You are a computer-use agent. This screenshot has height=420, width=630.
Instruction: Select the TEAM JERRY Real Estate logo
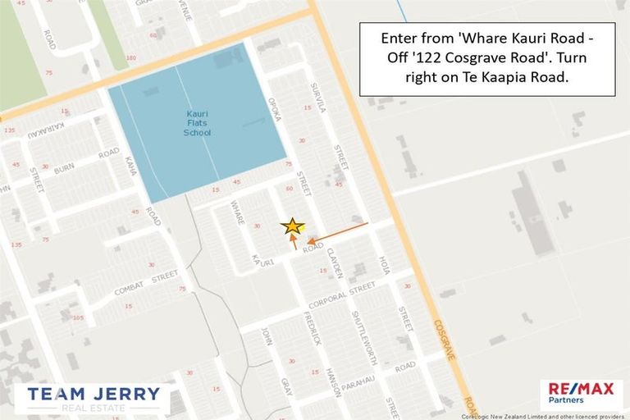coord(93,398)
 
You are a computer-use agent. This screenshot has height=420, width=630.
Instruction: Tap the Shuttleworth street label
coord(364,337)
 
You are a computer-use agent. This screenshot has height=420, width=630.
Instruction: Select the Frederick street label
coord(312,328)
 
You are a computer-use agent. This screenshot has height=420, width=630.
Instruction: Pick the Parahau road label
coord(370,385)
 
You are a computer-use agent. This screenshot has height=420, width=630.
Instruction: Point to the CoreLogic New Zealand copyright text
coord(541,415)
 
